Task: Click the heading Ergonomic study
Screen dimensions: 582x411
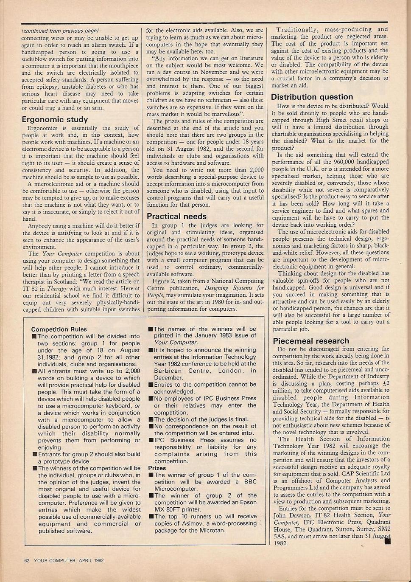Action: [55, 119]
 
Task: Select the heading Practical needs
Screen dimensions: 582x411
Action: [176, 216]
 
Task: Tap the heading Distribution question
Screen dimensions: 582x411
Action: [312, 97]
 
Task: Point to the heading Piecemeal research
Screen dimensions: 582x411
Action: [310, 340]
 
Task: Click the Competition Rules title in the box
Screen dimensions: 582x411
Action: [59, 329]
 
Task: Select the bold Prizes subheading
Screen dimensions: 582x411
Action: [157, 468]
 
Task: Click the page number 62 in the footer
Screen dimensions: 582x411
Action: [26, 560]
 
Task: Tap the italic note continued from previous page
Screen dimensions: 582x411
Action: [60, 31]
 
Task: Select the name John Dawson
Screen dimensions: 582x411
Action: [292, 515]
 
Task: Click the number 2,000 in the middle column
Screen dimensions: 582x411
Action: [253, 170]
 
